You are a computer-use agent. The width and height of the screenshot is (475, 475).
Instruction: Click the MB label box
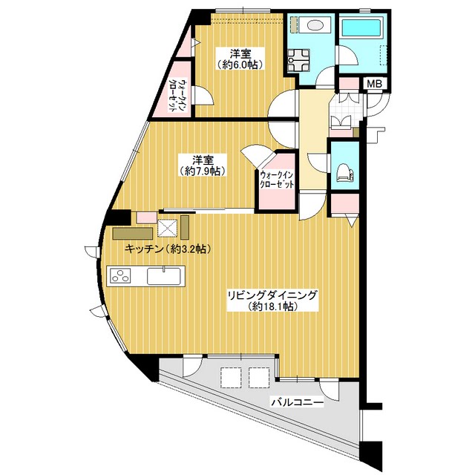click(x=375, y=84)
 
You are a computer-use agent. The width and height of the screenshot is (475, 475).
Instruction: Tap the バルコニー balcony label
click(x=298, y=402)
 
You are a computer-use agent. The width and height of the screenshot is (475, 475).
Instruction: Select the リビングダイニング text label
click(x=272, y=295)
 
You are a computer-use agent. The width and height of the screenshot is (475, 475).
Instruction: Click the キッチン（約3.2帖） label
click(x=168, y=249)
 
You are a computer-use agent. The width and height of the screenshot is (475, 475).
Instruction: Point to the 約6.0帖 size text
click(x=239, y=65)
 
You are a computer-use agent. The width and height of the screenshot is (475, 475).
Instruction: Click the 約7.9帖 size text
click(x=202, y=171)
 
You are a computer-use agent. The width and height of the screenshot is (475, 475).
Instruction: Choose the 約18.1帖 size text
click(x=272, y=307)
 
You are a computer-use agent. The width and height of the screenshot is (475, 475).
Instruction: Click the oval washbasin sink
click(x=315, y=25)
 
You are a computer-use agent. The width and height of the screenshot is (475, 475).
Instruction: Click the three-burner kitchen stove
click(x=120, y=275)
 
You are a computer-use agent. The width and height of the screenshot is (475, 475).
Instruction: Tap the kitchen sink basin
click(x=164, y=275)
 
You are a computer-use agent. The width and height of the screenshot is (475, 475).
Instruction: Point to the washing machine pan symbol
click(x=298, y=59)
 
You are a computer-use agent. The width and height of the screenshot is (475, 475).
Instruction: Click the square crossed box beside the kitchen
click(x=167, y=228)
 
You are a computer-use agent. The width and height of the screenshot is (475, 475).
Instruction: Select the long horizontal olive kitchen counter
click(x=132, y=234)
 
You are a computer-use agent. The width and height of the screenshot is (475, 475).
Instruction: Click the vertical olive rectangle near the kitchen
click(x=185, y=227)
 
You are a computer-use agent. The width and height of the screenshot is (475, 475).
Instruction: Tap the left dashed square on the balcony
click(x=230, y=378)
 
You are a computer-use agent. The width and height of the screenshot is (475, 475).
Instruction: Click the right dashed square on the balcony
click(x=259, y=378)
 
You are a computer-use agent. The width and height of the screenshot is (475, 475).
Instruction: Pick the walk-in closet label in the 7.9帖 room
click(x=277, y=180)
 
